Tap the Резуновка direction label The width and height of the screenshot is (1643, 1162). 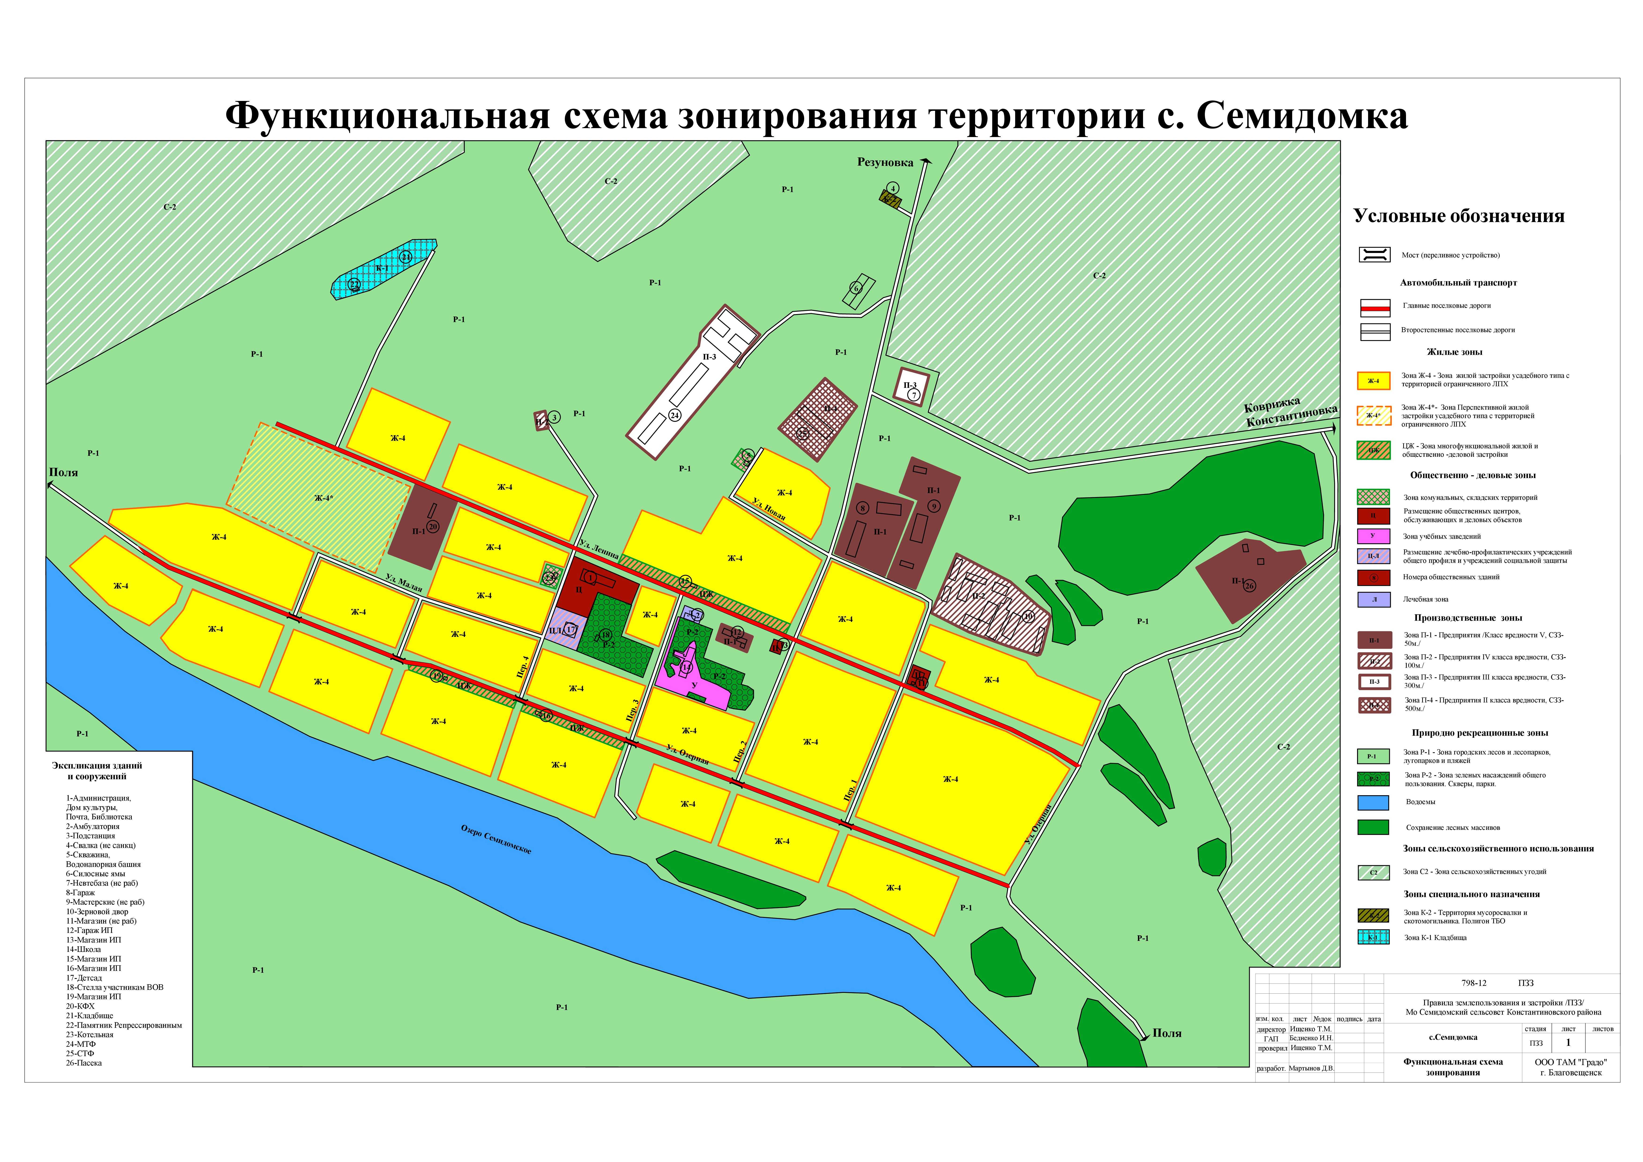coord(885,163)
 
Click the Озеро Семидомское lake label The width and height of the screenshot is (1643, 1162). coord(496,839)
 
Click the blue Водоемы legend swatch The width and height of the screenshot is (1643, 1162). coord(1373,803)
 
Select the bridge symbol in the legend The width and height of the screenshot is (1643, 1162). coord(1374,255)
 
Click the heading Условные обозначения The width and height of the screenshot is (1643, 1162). coord(1458,216)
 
